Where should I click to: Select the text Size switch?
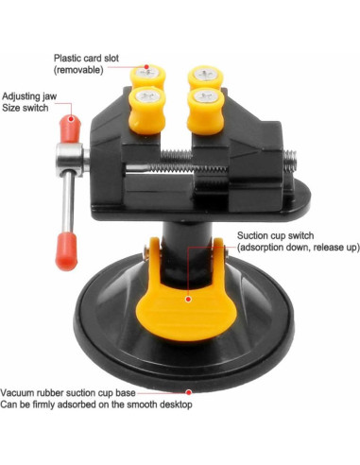click(26, 109)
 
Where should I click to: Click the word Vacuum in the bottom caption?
click(19, 392)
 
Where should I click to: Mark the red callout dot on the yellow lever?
click(189, 299)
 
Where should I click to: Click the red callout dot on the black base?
click(189, 389)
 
